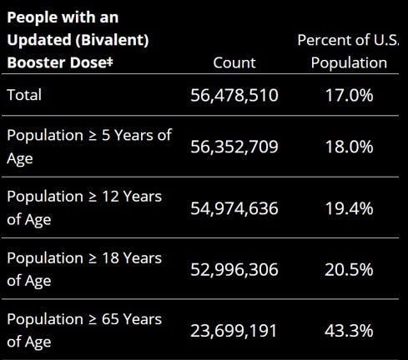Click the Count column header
[x=234, y=62]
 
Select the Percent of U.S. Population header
[x=349, y=51]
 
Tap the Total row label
[x=24, y=95]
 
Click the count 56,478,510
[x=234, y=95]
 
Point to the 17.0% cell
[x=349, y=95]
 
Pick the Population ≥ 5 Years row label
[x=88, y=146]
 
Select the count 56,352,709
[x=234, y=147]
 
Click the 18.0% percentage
[x=349, y=147]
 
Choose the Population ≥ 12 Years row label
[x=84, y=207]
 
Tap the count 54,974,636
[x=234, y=208]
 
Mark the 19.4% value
[x=349, y=208]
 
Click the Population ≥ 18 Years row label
[x=84, y=269]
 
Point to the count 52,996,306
[x=234, y=270]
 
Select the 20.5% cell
[x=349, y=270]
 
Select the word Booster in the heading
[x=36, y=62]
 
